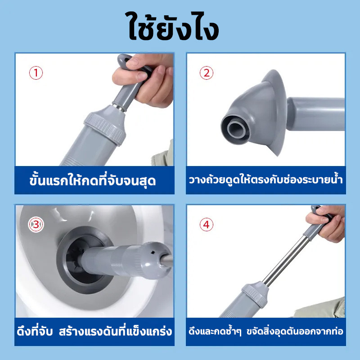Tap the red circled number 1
coord(36,73)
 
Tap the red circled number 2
coord(207,73)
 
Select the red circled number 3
coord(36,225)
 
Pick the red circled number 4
coord(207,225)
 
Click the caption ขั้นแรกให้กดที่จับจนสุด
coord(93,180)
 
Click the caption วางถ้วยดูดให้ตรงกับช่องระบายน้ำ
coord(266,180)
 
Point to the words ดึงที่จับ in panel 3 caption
coord(35,331)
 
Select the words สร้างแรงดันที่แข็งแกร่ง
coord(116,331)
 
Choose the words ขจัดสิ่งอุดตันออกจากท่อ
coord(295,331)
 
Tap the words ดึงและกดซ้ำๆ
coord(215,331)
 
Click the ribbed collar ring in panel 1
coord(105,129)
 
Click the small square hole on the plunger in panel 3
coord(153,252)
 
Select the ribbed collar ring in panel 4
coord(255,294)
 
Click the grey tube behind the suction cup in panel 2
coord(316,114)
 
